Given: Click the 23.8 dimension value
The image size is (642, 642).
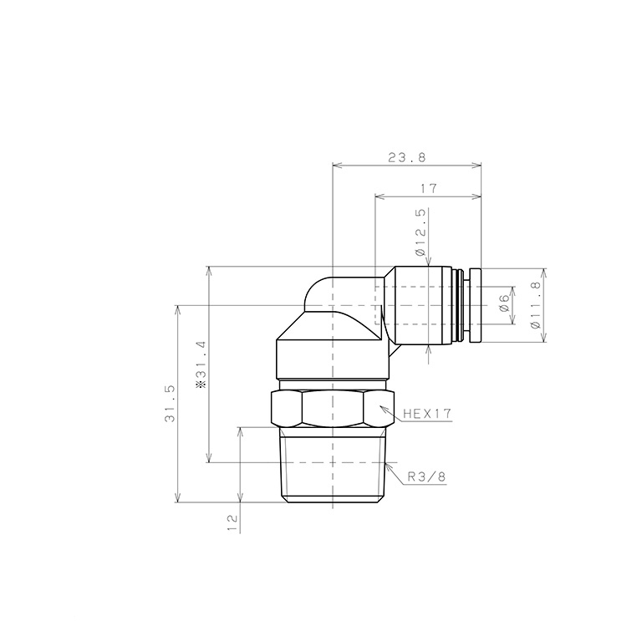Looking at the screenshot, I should [x=406, y=156].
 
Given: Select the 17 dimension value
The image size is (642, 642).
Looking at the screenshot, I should [x=429, y=189].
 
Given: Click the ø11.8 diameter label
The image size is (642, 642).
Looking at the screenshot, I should [x=535, y=305].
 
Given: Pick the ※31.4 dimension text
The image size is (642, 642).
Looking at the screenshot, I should [x=201, y=365].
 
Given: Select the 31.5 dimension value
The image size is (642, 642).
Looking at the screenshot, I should [x=170, y=404].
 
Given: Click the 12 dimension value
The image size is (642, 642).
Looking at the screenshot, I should [x=232, y=522].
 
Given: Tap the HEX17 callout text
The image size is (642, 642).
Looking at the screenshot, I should [x=426, y=413].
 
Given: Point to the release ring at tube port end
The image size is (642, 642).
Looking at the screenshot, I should [x=475, y=305].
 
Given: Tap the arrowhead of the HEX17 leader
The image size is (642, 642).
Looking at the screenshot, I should [x=383, y=407].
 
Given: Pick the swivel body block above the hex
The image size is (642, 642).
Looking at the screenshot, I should [x=332, y=355].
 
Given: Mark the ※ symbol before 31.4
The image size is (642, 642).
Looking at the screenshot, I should [x=201, y=387].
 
